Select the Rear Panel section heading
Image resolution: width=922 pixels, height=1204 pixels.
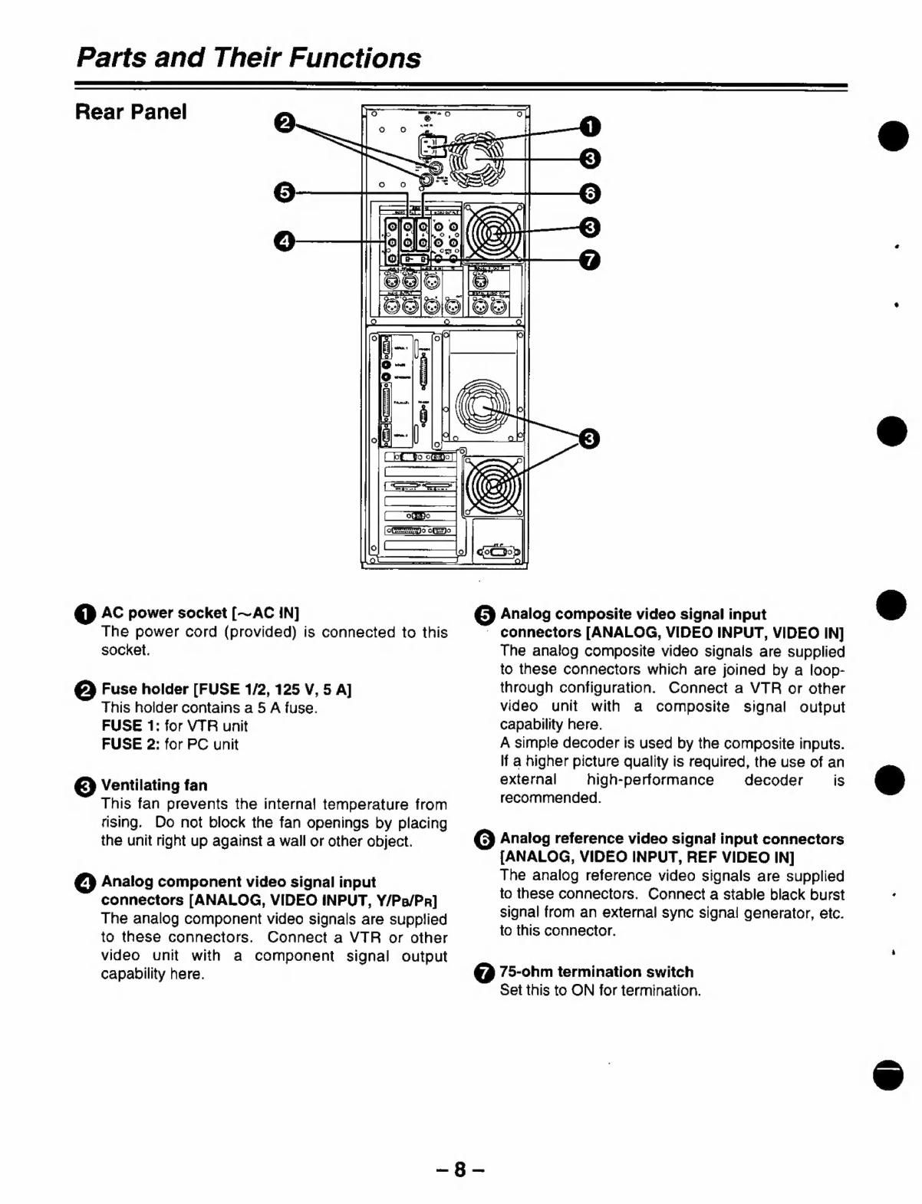pyautogui.click(x=130, y=112)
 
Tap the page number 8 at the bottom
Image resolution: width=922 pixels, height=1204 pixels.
pyautogui.click(x=459, y=1169)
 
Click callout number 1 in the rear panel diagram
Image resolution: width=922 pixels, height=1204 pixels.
pyautogui.click(x=588, y=126)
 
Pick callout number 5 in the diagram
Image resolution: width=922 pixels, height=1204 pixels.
pyautogui.click(x=284, y=192)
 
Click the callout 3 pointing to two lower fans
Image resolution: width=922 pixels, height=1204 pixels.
pyautogui.click(x=588, y=438)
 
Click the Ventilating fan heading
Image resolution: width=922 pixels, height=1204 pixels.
pyautogui.click(x=154, y=785)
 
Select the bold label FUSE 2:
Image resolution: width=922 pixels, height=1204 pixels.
pyautogui.click(x=130, y=744)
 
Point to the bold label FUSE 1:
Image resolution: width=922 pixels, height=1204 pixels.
pyautogui.click(x=130, y=725)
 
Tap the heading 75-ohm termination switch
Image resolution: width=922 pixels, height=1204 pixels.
pyautogui.click(x=596, y=972)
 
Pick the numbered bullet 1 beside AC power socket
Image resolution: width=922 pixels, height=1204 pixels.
pyautogui.click(x=86, y=614)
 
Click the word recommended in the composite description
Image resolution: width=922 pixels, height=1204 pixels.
pyautogui.click(x=551, y=798)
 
